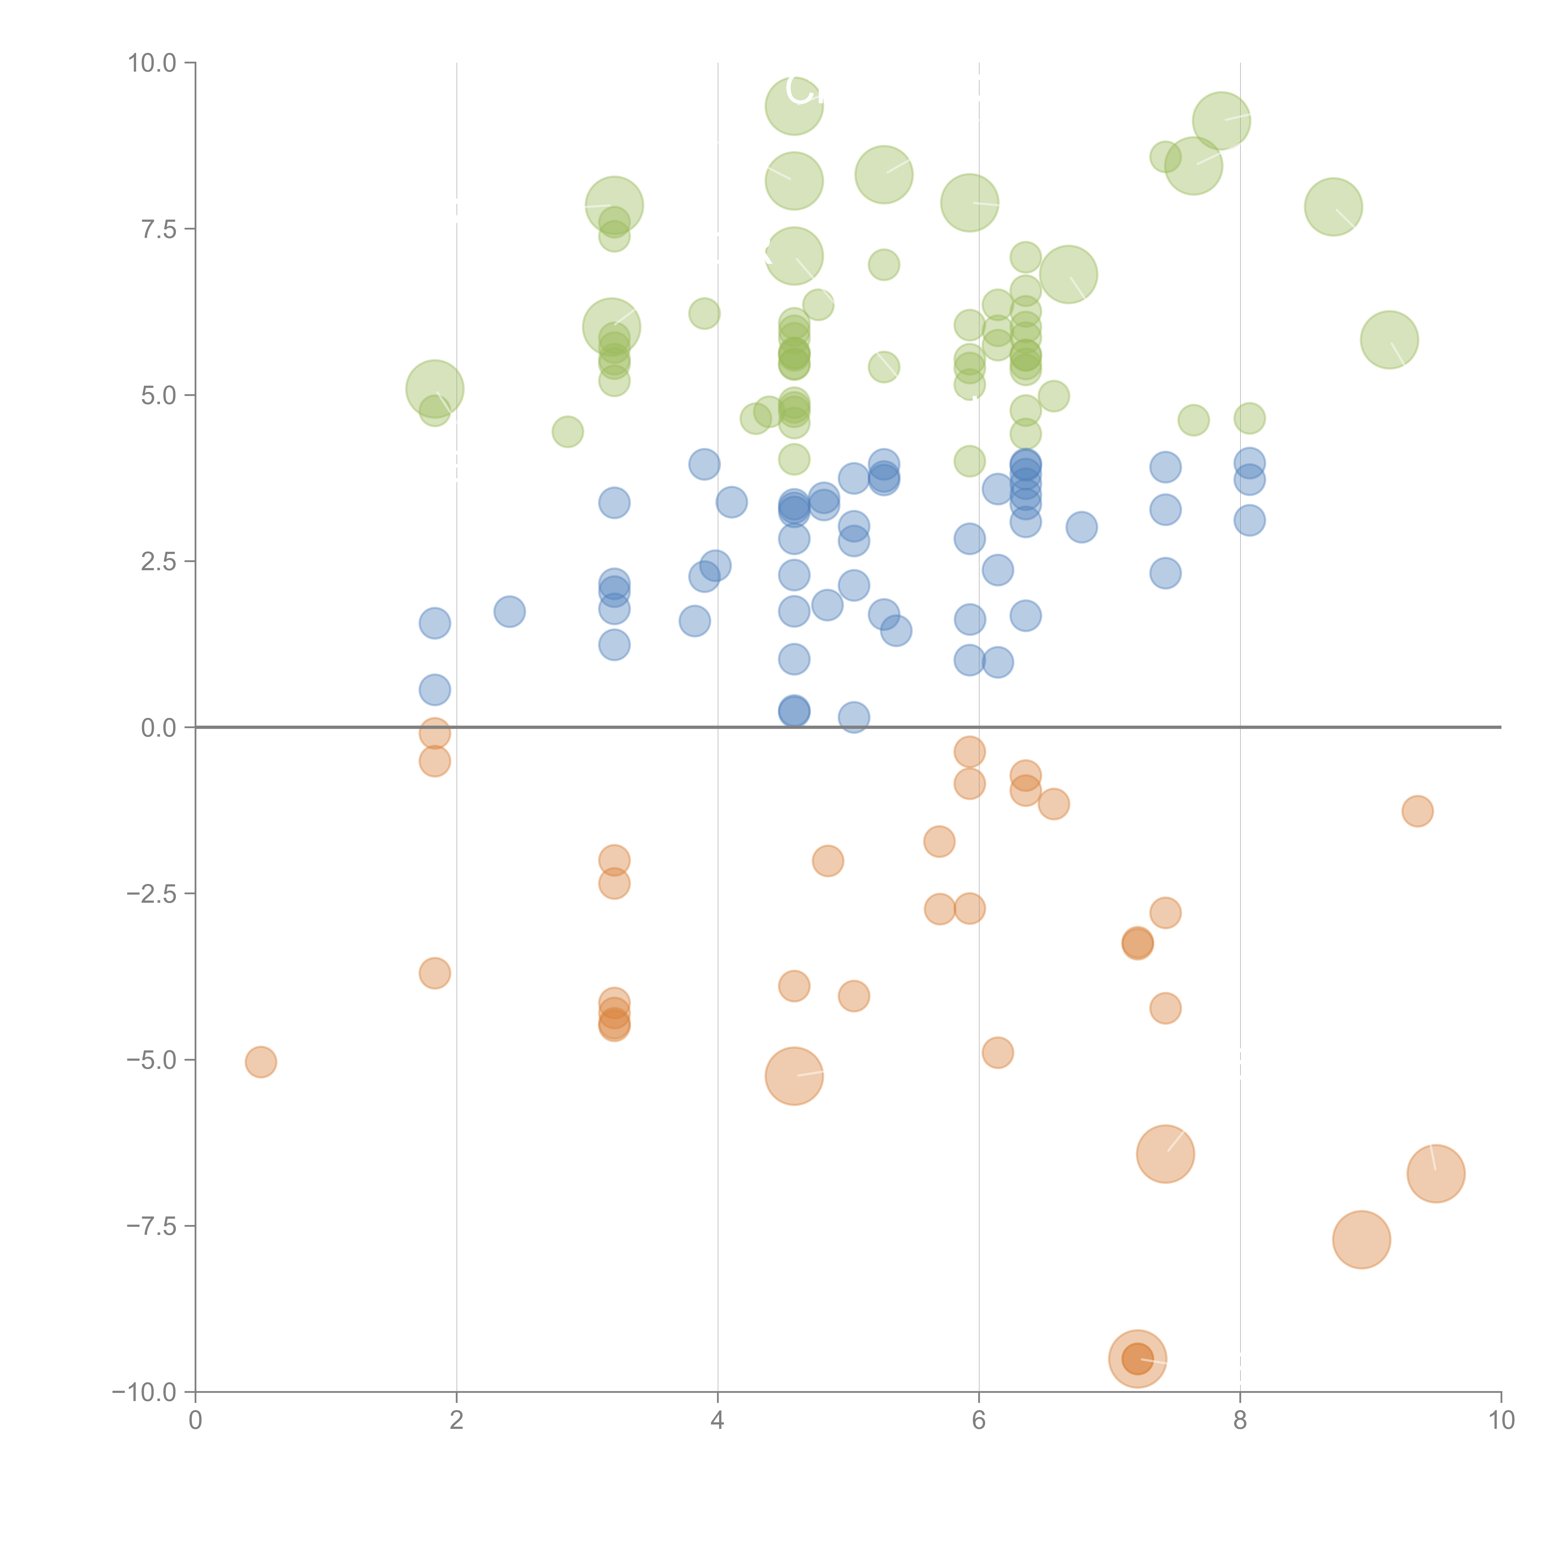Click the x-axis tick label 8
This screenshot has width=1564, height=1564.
pyautogui.click(x=1240, y=1421)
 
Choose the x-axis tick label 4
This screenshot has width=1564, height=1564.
pyautogui.click(x=717, y=1421)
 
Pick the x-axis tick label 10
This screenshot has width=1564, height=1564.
pyautogui.click(x=1501, y=1421)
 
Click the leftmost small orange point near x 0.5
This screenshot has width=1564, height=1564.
pyautogui.click(x=261, y=1062)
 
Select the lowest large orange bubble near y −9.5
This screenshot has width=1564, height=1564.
pyautogui.click(x=1137, y=1358)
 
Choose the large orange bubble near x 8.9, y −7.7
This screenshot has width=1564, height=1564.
pyautogui.click(x=1362, y=1239)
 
